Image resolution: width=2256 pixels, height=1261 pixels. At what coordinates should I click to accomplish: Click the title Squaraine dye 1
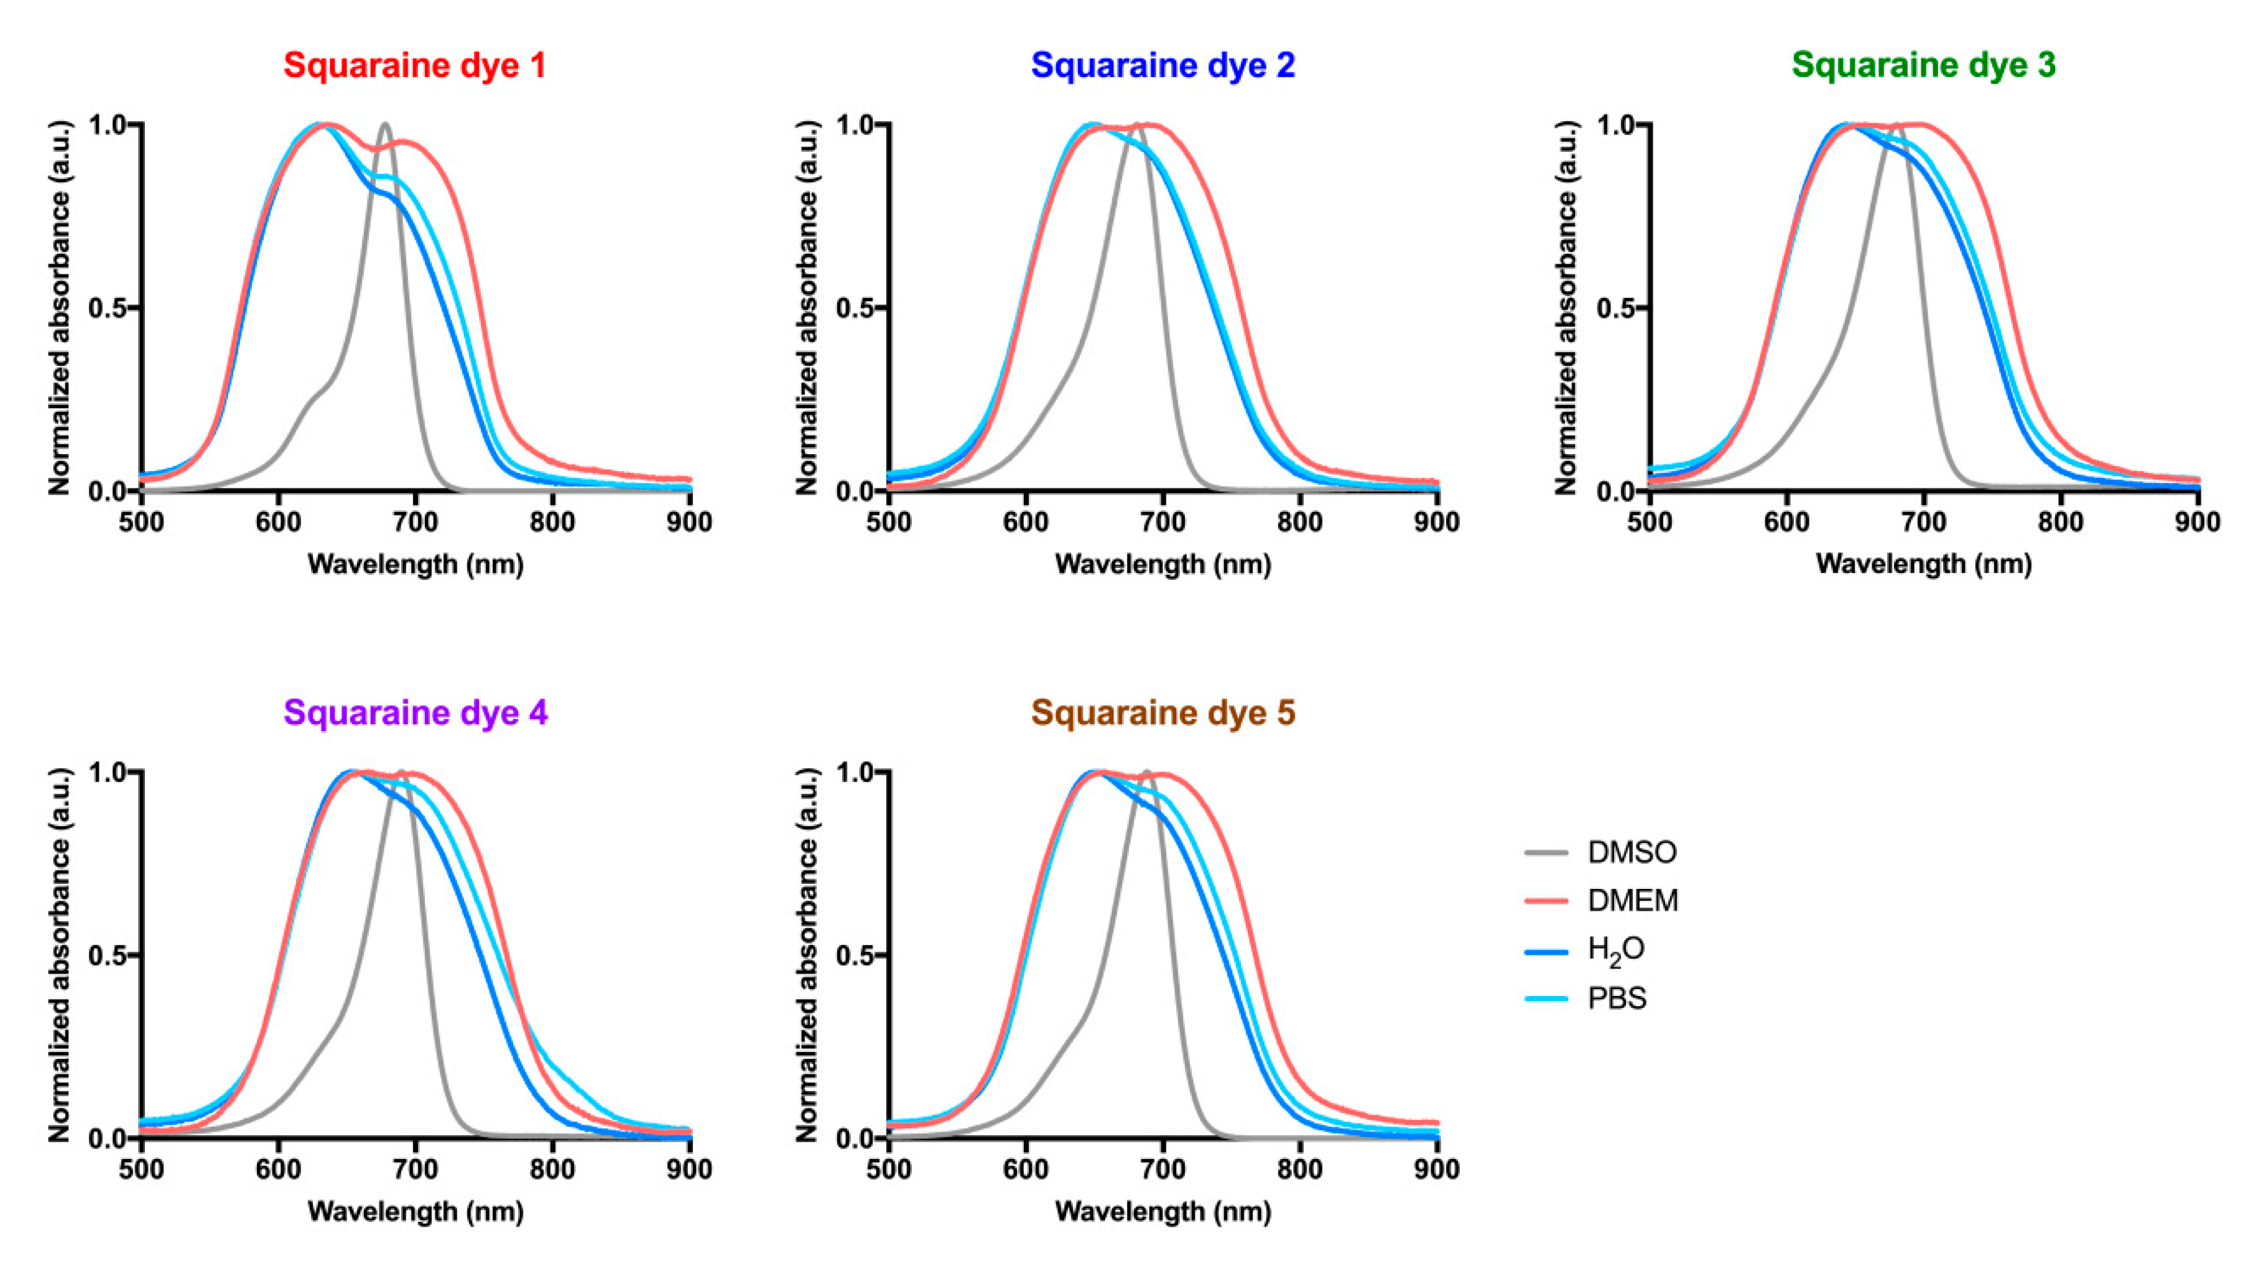(x=414, y=66)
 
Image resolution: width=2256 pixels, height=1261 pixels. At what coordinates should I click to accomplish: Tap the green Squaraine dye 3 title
(x=1923, y=66)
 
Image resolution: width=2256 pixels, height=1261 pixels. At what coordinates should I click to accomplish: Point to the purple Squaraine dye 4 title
(x=415, y=713)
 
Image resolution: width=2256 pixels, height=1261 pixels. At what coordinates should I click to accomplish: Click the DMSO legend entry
(x=1632, y=852)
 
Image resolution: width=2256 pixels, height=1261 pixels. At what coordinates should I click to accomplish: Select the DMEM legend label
(x=1633, y=900)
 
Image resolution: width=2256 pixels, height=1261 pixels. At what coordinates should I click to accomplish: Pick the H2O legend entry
(x=1616, y=950)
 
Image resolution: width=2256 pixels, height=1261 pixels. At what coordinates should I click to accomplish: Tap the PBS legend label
(x=1617, y=998)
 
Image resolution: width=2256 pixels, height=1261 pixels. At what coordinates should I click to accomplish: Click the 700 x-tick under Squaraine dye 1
(x=415, y=523)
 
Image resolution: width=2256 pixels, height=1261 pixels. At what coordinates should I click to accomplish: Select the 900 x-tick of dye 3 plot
(x=2196, y=523)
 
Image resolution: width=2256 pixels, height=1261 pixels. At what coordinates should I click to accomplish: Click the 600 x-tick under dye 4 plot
(x=279, y=1170)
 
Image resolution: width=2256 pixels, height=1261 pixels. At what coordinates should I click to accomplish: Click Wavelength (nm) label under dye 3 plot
(x=1923, y=564)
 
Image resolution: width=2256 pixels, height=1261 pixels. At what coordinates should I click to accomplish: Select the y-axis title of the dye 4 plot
(x=60, y=954)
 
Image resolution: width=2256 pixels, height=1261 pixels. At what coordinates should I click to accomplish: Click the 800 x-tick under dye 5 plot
(x=1299, y=1170)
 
